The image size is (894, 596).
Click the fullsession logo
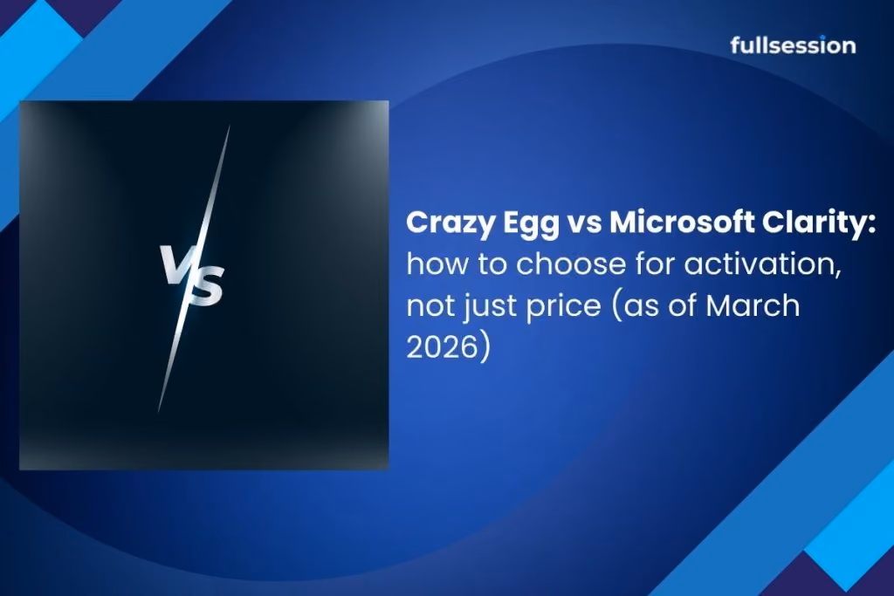(793, 45)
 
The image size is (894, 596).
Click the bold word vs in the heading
(584, 224)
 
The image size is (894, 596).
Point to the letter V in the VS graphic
(174, 264)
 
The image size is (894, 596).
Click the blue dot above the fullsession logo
(823, 37)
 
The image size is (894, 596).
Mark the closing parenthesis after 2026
(485, 347)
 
